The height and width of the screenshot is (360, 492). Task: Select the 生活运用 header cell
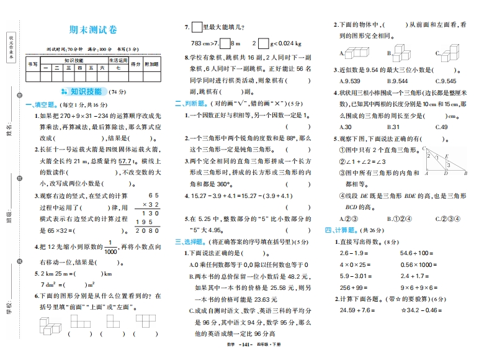point(118,60)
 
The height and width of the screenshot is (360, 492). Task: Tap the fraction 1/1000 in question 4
point(110,247)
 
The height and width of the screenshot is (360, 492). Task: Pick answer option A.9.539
point(349,81)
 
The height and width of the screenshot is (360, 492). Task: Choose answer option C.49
point(441,127)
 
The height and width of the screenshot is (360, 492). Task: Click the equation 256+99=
point(354,287)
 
